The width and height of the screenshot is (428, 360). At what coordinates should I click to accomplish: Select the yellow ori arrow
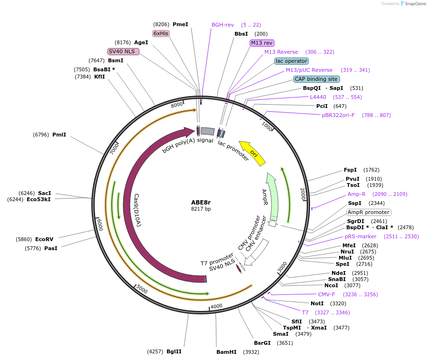(x=253, y=153)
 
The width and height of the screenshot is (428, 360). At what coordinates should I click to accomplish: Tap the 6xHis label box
(x=161, y=33)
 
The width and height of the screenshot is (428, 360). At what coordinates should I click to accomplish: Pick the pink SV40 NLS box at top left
(x=123, y=51)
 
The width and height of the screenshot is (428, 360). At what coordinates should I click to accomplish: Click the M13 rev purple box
(x=262, y=43)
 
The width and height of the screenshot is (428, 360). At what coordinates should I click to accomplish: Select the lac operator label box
(x=292, y=61)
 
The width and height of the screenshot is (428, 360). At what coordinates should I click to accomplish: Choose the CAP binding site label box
(x=316, y=79)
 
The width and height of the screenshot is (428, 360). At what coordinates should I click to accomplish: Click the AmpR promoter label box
(x=369, y=212)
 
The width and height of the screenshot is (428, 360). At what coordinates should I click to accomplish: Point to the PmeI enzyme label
(x=180, y=24)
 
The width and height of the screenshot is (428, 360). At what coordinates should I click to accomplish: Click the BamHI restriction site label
(x=226, y=352)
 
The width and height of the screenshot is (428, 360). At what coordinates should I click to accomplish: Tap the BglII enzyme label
(x=174, y=351)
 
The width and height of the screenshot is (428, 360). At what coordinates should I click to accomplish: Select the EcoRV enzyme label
(x=44, y=239)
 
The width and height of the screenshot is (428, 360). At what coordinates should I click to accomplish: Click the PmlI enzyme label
(x=59, y=135)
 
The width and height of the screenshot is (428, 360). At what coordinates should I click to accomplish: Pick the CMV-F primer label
(x=326, y=294)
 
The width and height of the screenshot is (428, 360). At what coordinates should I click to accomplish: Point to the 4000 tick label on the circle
(x=216, y=306)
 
